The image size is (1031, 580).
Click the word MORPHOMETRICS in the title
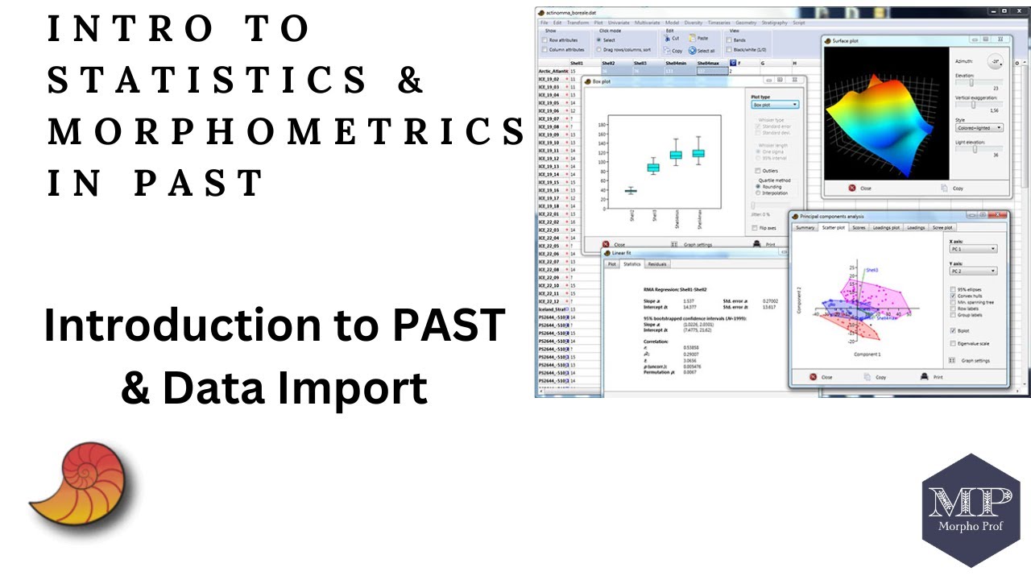[286, 131]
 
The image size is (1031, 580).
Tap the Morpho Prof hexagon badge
[970, 510]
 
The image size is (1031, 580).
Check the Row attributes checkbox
[545, 39]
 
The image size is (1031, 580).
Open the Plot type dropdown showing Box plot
[774, 105]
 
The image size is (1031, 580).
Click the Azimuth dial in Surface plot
[996, 62]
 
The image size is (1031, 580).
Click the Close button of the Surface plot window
[859, 188]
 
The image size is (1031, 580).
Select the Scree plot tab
[942, 228]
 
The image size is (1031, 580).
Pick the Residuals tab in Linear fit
[657, 264]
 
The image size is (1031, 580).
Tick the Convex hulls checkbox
[954, 296]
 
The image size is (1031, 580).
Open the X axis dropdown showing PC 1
[973, 249]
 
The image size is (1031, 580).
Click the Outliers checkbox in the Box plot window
[758, 170]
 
